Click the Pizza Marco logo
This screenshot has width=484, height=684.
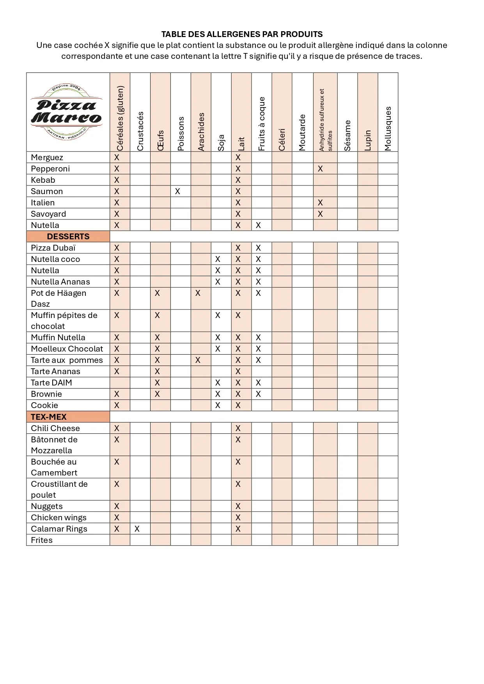coord(67,112)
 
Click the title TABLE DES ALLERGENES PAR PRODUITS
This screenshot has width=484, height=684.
coord(242,34)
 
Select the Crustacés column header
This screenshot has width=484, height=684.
coord(140,131)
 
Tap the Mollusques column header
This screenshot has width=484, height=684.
coord(388,128)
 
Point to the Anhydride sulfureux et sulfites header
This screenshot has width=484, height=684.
coord(325,120)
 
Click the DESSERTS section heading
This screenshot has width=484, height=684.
coord(68,237)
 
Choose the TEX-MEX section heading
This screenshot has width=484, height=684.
coord(49,417)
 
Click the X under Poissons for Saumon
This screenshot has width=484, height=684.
coord(177,191)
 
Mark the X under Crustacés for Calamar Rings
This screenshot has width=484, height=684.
coord(137,529)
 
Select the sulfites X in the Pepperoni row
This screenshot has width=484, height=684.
coord(320,169)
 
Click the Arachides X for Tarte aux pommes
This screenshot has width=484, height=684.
coord(198,360)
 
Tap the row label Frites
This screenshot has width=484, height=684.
coord(42,540)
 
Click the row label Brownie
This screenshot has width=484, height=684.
coord(46,394)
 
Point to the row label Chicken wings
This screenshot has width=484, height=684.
coord(59,518)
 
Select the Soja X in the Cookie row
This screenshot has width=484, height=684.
coord(218,405)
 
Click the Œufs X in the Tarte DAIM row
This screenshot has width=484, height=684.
coord(157,383)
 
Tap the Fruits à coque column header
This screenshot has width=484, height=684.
coord(262,124)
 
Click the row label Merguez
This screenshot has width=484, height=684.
coord(47,157)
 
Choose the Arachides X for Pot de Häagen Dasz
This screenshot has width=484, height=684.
coord(198,293)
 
